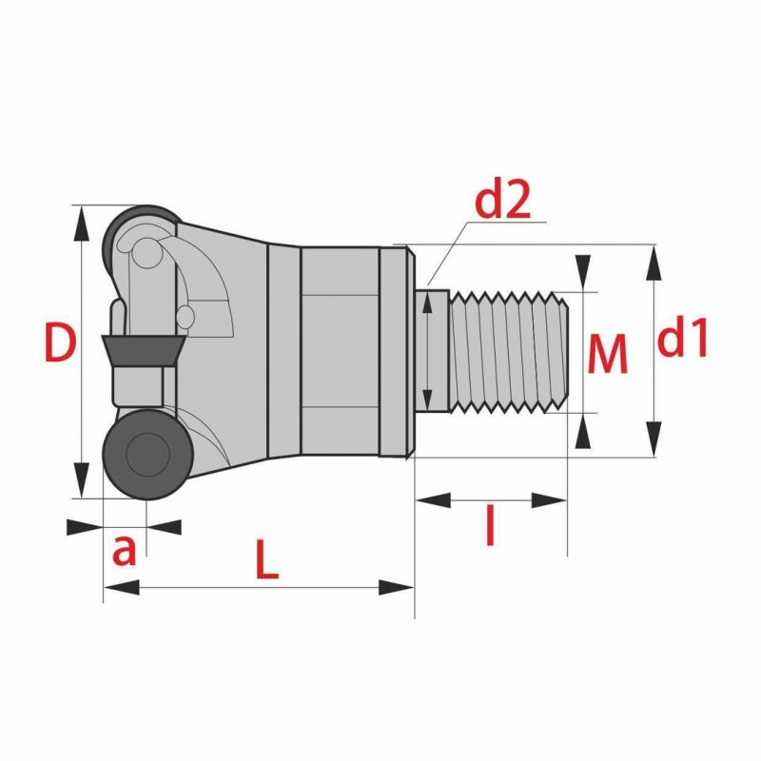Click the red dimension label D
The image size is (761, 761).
click(60, 343)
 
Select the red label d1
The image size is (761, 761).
click(682, 338)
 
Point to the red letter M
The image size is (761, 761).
click(608, 353)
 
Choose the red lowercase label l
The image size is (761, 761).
click(491, 525)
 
